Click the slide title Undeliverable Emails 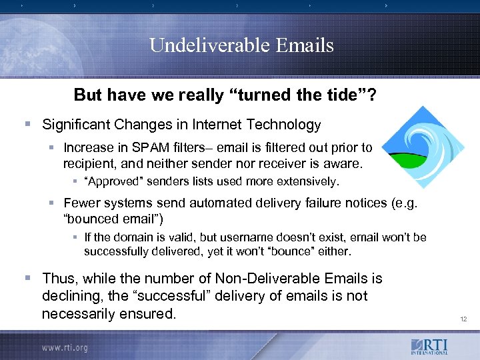[x=241, y=45]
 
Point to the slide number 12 [x=463, y=320]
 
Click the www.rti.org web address [x=65, y=347]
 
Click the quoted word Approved [x=110, y=181]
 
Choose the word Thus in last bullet [x=57, y=277]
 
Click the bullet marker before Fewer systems [x=53, y=202]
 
